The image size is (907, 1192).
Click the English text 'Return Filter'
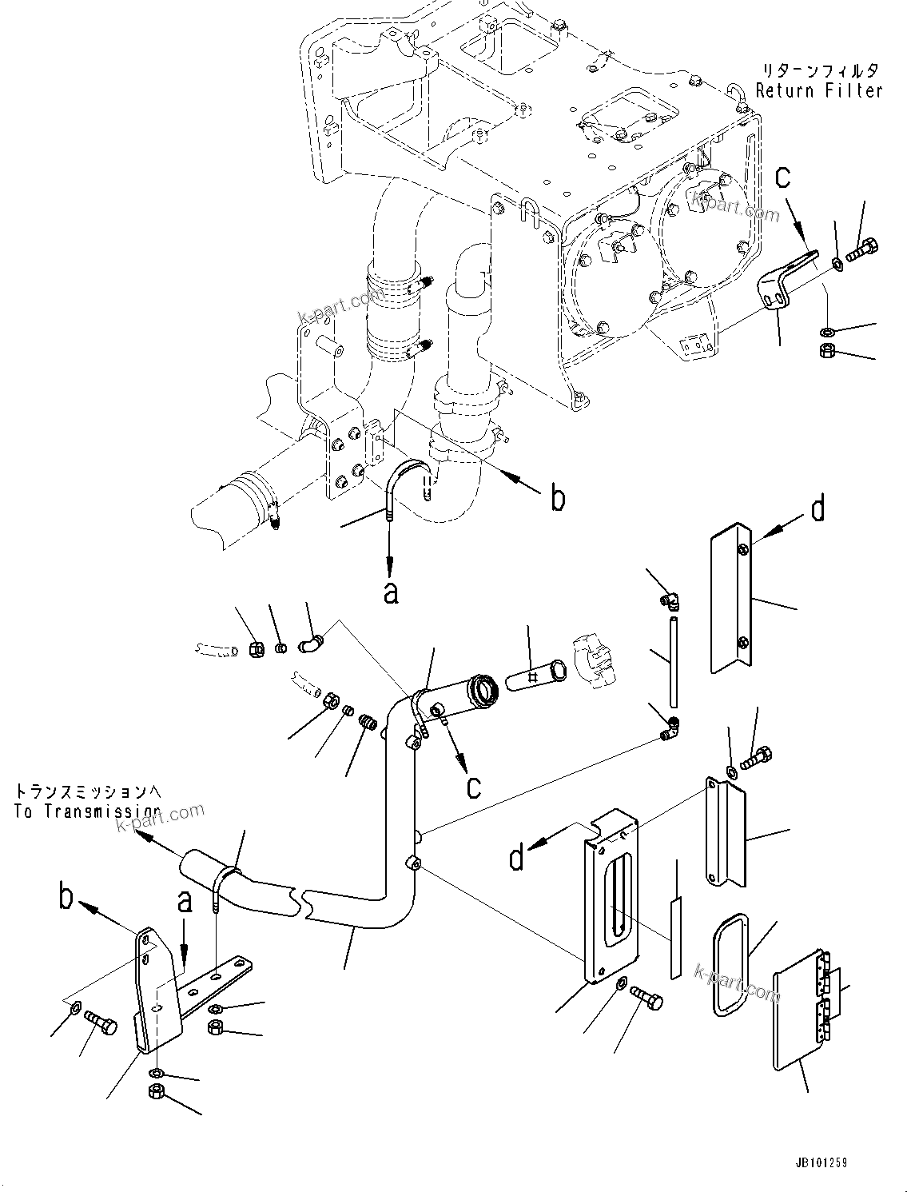[x=819, y=91]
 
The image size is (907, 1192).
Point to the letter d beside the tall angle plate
[x=817, y=509]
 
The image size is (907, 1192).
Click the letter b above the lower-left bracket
[x=67, y=897]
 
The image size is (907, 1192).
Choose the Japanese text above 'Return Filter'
[x=819, y=70]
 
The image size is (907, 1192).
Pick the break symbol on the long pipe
[x=302, y=903]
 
